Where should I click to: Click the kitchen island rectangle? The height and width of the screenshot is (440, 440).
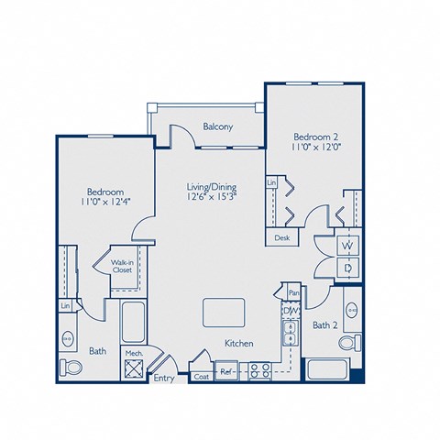219,312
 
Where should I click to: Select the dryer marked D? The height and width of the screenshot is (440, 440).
348,268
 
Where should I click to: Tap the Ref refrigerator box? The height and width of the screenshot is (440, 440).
225,372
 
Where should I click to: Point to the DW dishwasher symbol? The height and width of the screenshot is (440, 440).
290,312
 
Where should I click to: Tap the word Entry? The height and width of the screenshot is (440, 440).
163,378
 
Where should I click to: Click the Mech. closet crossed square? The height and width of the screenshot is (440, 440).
133,368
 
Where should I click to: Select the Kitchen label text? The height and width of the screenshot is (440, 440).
238,344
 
